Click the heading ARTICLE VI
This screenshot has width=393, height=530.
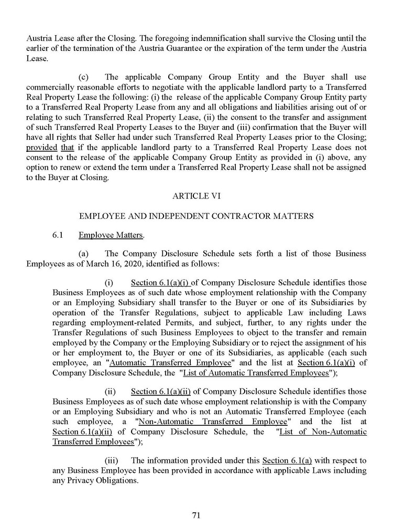[196, 195]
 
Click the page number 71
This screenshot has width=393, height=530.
[196, 515]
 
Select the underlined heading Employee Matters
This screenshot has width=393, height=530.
[111, 236]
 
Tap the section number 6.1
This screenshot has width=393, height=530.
[58, 236]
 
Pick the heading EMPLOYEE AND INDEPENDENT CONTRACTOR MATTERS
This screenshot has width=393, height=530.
[196, 216]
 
